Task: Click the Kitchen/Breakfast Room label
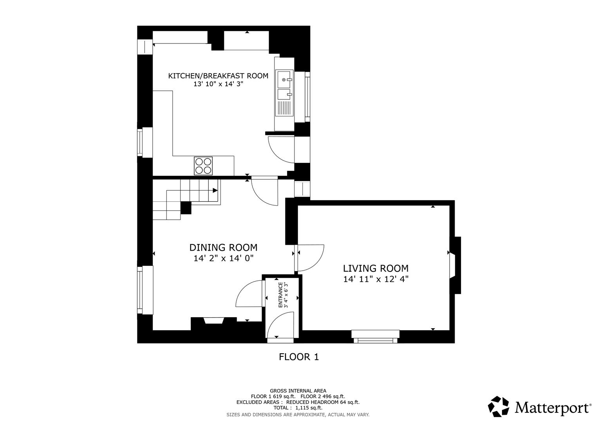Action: [x=218, y=76]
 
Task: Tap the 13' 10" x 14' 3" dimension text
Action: [x=218, y=84]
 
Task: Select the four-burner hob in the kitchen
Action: [x=203, y=166]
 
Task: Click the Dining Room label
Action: [x=223, y=248]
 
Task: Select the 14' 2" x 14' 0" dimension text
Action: [x=223, y=258]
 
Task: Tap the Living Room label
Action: [x=376, y=268]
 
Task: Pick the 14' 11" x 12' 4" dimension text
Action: [x=376, y=279]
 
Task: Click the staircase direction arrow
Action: [x=215, y=190]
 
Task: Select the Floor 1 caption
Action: [x=298, y=357]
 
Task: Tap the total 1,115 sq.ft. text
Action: [x=298, y=408]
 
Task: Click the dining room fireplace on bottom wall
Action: [x=214, y=321]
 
